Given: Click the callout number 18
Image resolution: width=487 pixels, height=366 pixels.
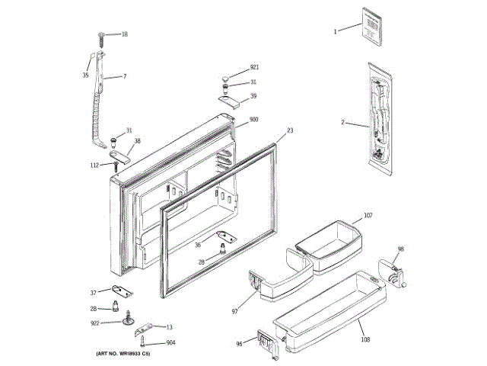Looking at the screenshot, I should point(124,34).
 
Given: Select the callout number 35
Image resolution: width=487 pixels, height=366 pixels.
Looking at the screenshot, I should point(86,75).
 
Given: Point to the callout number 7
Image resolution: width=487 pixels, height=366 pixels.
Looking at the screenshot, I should point(124,76).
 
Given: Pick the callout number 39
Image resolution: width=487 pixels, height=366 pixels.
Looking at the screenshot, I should point(253,96).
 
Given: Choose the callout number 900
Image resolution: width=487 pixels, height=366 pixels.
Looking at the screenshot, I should point(253,120).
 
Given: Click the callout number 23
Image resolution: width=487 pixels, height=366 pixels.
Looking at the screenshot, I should point(290,131).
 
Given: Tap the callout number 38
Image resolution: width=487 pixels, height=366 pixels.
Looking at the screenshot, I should point(138,141).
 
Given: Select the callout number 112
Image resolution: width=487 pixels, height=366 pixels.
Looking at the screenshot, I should point(94,165).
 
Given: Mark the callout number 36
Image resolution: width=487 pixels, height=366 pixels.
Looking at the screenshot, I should point(198,245).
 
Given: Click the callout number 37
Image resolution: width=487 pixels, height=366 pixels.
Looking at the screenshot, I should point(94,292).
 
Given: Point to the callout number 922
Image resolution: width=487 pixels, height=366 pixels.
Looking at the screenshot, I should point(94,323).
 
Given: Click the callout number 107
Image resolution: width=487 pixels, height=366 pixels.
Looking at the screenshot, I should point(368,216).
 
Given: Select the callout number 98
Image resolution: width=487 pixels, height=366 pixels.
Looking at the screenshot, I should point(401,249).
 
